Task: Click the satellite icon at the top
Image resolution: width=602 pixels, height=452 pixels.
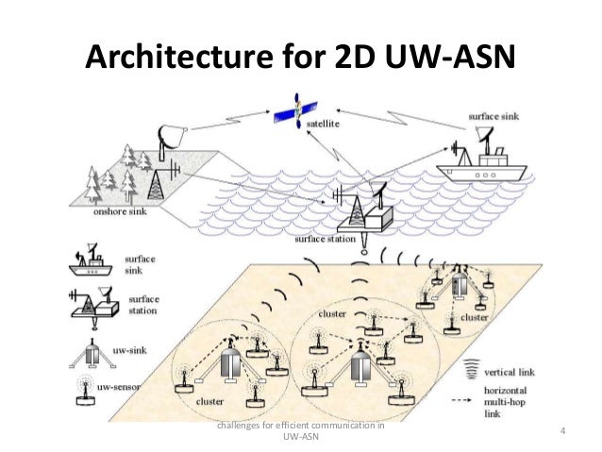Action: [297, 112]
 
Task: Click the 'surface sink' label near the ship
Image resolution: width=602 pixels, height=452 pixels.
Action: [492, 118]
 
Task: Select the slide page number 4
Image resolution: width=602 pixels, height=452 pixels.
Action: [561, 431]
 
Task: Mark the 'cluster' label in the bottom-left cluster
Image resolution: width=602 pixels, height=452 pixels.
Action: [209, 401]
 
